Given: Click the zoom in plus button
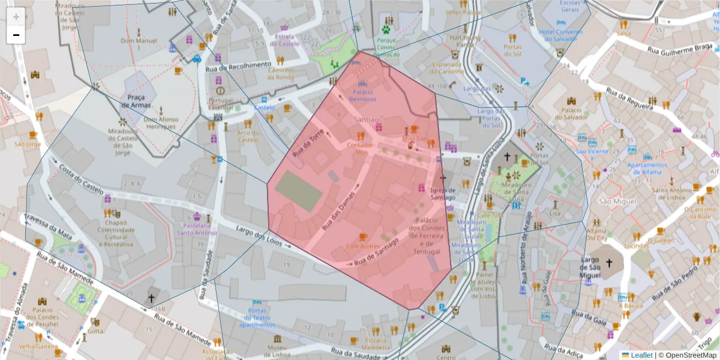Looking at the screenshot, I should (x=16, y=16).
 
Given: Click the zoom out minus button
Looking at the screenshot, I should (x=16, y=35).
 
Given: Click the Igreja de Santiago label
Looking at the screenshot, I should (x=443, y=194).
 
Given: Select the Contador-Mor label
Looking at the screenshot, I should (x=361, y=148).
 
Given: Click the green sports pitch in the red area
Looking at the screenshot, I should (x=299, y=191).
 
